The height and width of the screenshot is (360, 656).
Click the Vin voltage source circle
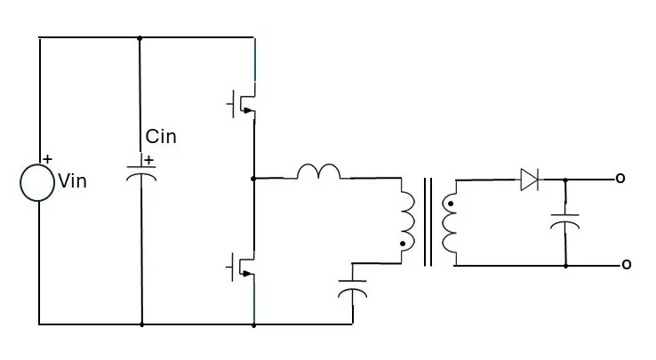pyautogui.click(x=38, y=182)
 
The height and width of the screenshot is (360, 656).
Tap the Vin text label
pyautogui.click(x=72, y=182)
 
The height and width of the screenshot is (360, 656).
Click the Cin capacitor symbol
pyautogui.click(x=140, y=170)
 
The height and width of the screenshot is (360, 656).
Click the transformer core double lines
pyautogui.click(x=428, y=222)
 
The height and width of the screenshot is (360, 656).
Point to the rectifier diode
pyautogui.click(x=530, y=180)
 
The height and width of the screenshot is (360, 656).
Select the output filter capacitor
pyautogui.click(x=564, y=220)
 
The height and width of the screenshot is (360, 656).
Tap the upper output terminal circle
pyautogui.click(x=620, y=180)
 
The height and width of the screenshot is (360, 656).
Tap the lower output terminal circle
pyautogui.click(x=625, y=265)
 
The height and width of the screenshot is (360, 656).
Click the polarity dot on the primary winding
pyautogui.click(x=403, y=244)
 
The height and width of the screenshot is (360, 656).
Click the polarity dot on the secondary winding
pyautogui.click(x=450, y=204)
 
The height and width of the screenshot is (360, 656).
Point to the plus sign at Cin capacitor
pyautogui.click(x=148, y=160)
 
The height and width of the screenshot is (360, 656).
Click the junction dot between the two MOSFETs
pyautogui.click(x=254, y=178)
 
